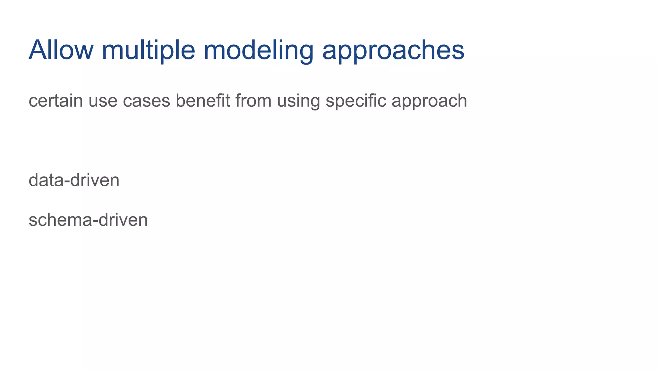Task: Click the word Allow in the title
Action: pyautogui.click(x=61, y=50)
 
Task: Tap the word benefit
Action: pyautogui.click(x=203, y=101)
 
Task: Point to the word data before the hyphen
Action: pyautogui.click(x=46, y=180)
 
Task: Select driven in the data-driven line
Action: pyautogui.click(x=95, y=180)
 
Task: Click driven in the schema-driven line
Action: pyautogui.click(x=123, y=220)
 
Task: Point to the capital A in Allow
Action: pyautogui.click(x=38, y=50)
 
